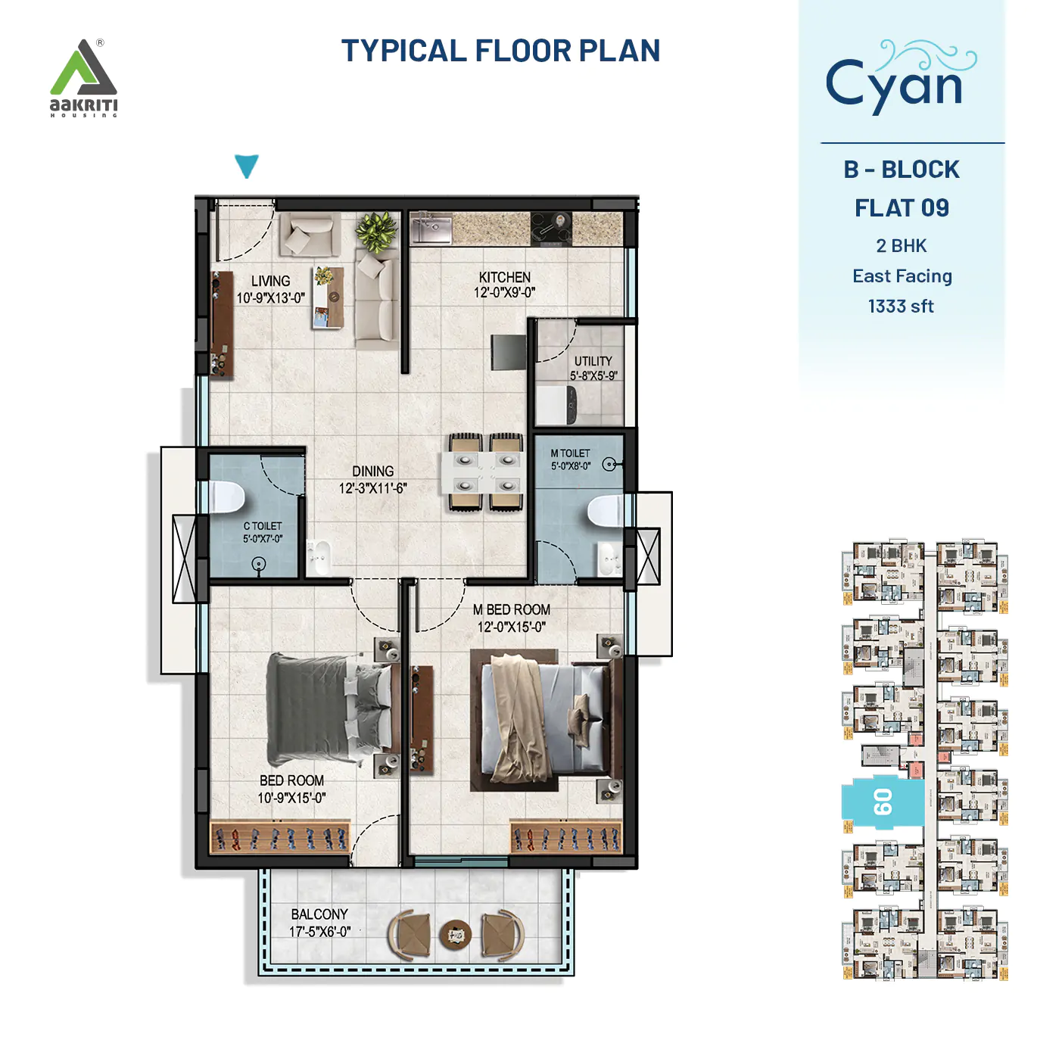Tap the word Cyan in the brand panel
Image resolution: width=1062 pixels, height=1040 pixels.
(894, 84)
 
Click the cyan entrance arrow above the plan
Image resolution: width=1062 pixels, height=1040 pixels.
(247, 166)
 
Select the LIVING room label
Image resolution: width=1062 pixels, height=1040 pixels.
(270, 281)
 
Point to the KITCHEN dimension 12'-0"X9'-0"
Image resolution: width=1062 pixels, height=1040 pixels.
(504, 293)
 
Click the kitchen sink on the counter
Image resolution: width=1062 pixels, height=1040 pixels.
(430, 229)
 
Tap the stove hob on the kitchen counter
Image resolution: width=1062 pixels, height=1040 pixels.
(551, 229)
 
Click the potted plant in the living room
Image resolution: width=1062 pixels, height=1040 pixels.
(376, 231)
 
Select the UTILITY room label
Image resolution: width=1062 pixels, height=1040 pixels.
(593, 361)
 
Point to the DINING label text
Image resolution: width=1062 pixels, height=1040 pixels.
(372, 471)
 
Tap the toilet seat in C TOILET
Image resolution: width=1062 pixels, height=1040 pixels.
(227, 497)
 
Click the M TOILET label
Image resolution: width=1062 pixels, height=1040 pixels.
(570, 453)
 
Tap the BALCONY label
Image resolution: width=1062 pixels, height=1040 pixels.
(319, 914)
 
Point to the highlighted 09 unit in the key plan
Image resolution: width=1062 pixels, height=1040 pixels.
(883, 802)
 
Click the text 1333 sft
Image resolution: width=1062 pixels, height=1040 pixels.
(901, 307)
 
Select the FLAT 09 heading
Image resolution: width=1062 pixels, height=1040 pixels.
(902, 208)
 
